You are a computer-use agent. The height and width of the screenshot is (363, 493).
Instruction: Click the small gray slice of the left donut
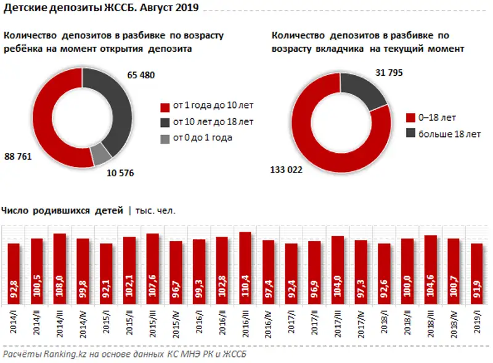pyautogui.click(x=100, y=153)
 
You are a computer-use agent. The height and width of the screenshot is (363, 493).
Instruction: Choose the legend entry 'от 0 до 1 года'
pyautogui.click(x=202, y=138)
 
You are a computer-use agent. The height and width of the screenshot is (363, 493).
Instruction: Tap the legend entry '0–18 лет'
pyautogui.click(x=438, y=117)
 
